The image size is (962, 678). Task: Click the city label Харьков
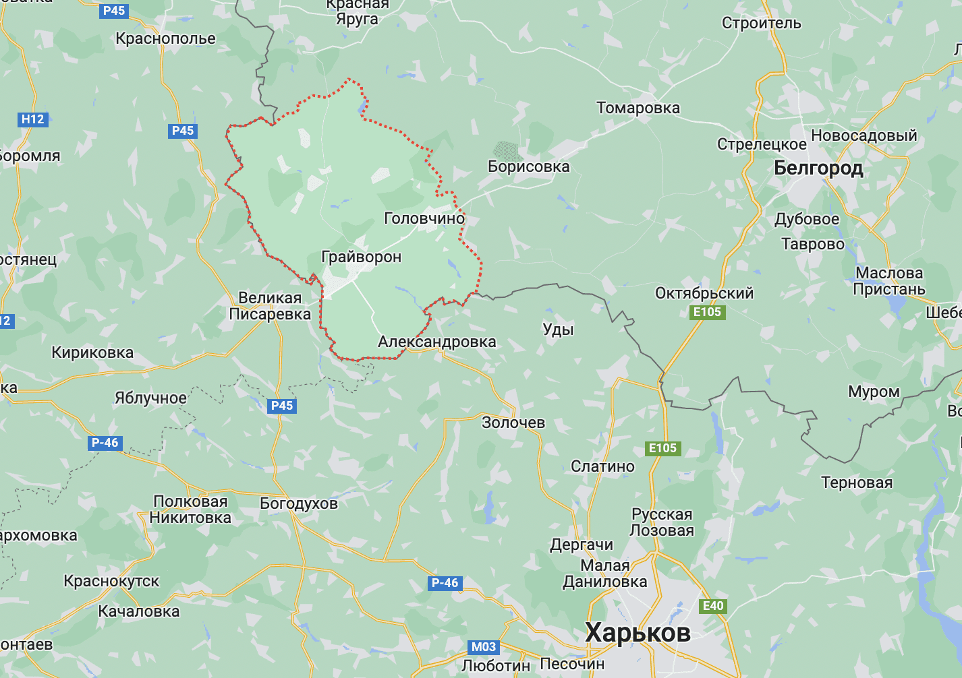[x=638, y=633]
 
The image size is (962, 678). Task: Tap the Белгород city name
[x=818, y=167]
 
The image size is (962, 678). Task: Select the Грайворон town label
[x=362, y=257]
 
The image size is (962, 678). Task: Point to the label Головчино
[x=424, y=218]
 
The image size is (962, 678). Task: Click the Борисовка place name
[x=528, y=166]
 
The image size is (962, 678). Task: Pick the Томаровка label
[x=638, y=108]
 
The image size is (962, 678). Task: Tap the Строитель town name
[x=762, y=23]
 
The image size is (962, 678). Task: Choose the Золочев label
[x=513, y=423]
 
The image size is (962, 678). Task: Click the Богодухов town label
[x=299, y=503]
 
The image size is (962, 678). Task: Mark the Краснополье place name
[x=165, y=38]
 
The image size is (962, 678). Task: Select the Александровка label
[x=436, y=342]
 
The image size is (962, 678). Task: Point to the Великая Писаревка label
[x=270, y=306]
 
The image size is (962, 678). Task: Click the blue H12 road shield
[x=32, y=119]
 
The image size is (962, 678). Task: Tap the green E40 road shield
[x=713, y=606]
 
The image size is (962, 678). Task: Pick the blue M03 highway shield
[x=484, y=647]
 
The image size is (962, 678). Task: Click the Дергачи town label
[x=582, y=545]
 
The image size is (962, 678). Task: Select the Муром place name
[x=874, y=392]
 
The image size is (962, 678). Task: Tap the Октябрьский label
[x=704, y=293]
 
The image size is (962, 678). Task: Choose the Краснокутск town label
[x=111, y=581]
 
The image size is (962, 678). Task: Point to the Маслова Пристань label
[x=888, y=281]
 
